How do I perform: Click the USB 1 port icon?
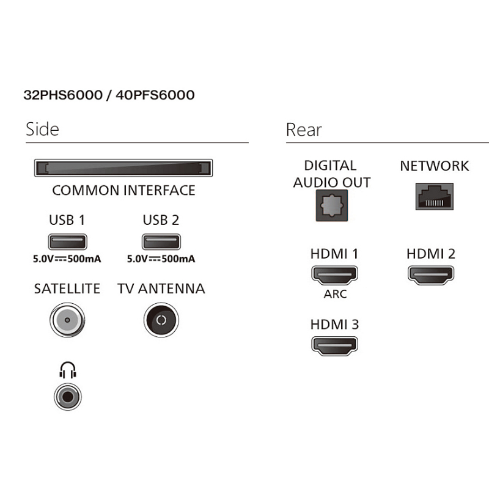pos(67,240)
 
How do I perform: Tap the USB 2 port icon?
pos(161,240)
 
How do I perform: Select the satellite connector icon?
pos(67,320)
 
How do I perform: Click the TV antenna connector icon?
pos(161,320)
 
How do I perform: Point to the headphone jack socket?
pos(67,396)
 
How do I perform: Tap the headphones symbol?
pos(67,370)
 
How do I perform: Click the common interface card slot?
pos(123,168)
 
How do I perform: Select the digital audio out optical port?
pos(331,205)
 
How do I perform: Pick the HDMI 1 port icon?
pos(334,275)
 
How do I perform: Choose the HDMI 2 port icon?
pos(430,273)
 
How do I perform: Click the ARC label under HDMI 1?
pos(335,295)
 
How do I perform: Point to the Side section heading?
pos(42,129)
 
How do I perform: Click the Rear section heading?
pos(303,129)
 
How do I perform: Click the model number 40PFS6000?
pos(161,95)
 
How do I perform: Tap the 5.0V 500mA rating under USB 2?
pos(161,259)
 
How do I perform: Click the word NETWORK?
pos(434,166)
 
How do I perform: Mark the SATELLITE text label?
pos(67,289)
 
